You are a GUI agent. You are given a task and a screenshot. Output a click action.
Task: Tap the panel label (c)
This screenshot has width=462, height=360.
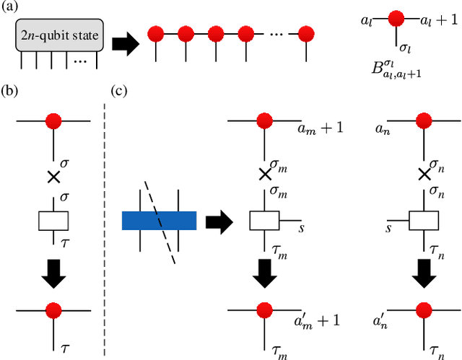pos(120,92)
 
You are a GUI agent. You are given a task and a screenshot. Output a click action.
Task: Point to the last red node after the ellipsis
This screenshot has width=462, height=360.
pos(306,33)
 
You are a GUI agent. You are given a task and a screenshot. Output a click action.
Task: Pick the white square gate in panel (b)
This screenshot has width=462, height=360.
pos(53,220)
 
